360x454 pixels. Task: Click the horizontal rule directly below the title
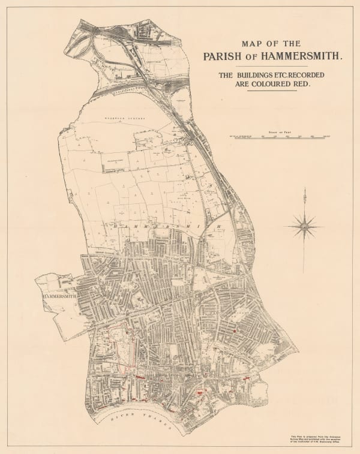tap(273, 67)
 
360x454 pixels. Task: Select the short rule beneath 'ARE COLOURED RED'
tap(273, 94)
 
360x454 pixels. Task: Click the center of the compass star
tap(306, 227)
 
